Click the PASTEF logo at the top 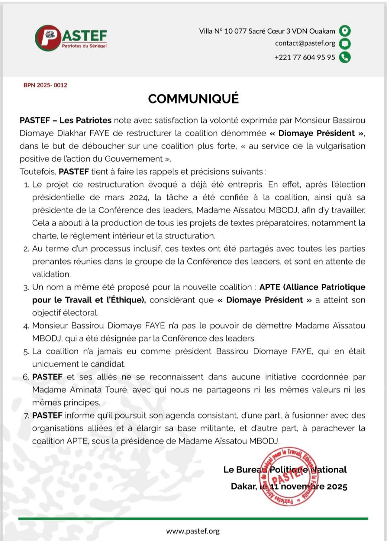click(71, 38)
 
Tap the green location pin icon click(345, 31)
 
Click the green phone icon click(345, 57)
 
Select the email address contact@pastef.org click(305, 43)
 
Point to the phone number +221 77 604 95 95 click(305, 57)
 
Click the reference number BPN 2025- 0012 click(46, 85)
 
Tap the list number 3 click(26, 288)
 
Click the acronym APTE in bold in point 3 click(269, 287)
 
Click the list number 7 click(26, 416)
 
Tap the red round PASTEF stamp click(288, 477)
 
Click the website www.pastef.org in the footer click(193, 531)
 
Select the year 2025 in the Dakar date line click(336, 487)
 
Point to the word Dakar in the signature click(244, 487)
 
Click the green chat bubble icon click(345, 44)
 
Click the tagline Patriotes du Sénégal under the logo click(84, 46)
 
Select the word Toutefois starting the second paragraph click(38, 172)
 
